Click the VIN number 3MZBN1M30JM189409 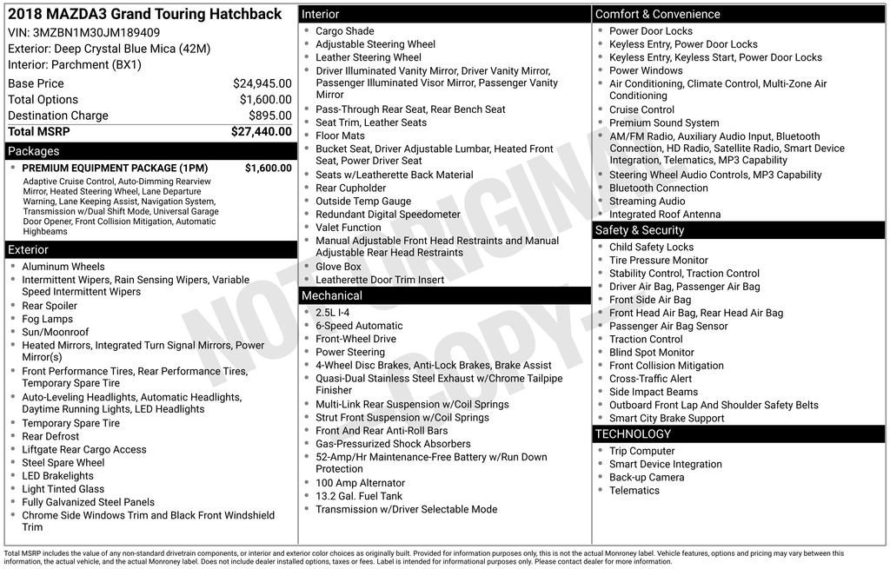tap(96, 33)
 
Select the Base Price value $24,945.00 tap(262, 83)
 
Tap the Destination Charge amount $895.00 tap(269, 116)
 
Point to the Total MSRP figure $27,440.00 tap(261, 132)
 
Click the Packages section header tap(34, 151)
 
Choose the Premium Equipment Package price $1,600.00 tap(268, 169)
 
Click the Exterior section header tap(29, 250)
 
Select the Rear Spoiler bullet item tap(50, 306)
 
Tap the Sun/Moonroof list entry tap(55, 332)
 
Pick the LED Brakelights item tap(57, 476)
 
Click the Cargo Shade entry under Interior tap(345, 31)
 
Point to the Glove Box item tap(338, 267)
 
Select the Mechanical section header tap(332, 296)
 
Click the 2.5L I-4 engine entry tap(333, 313)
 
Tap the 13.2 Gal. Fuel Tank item tap(359, 496)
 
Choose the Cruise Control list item tap(641, 109)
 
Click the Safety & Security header tap(639, 230)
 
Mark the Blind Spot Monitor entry tap(651, 353)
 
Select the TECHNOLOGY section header tap(633, 434)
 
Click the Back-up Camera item tap(646, 477)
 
